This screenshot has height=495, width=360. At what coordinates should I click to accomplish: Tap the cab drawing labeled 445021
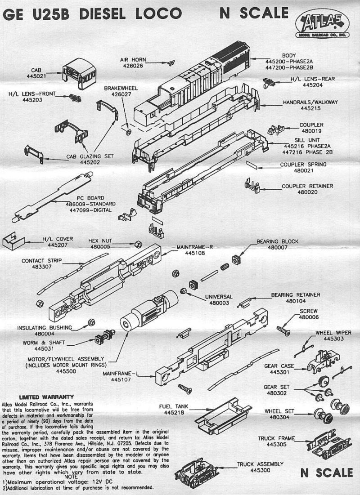coord(79,74)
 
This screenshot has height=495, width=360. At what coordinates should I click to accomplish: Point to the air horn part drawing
coord(171,63)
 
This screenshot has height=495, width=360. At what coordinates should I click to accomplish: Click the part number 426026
coord(133,66)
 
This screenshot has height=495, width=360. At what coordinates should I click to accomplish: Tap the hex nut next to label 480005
coord(138,244)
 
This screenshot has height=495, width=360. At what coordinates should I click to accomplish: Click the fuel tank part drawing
coord(223,415)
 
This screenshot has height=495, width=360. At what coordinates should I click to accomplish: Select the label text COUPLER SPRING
coord(303,165)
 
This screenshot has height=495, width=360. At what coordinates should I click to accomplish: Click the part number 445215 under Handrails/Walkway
coord(310,108)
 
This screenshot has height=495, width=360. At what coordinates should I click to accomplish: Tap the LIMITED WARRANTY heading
coord(46,397)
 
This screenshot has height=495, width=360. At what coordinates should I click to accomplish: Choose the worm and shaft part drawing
coord(105,337)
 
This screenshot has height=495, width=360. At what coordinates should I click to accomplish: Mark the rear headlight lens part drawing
coord(269,83)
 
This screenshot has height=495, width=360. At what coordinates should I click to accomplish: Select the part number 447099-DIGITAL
coord(89,210)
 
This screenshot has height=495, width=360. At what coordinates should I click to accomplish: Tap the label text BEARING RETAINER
coord(296,295)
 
